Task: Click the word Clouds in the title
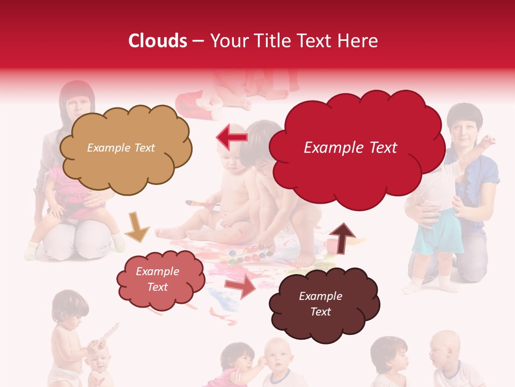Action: (x=158, y=41)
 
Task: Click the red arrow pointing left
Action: (x=232, y=137)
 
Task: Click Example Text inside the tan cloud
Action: (x=121, y=148)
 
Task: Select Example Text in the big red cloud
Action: (x=350, y=148)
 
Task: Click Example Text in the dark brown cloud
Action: (x=320, y=304)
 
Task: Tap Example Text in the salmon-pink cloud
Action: (x=157, y=279)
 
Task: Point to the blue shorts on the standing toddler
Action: (x=437, y=233)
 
